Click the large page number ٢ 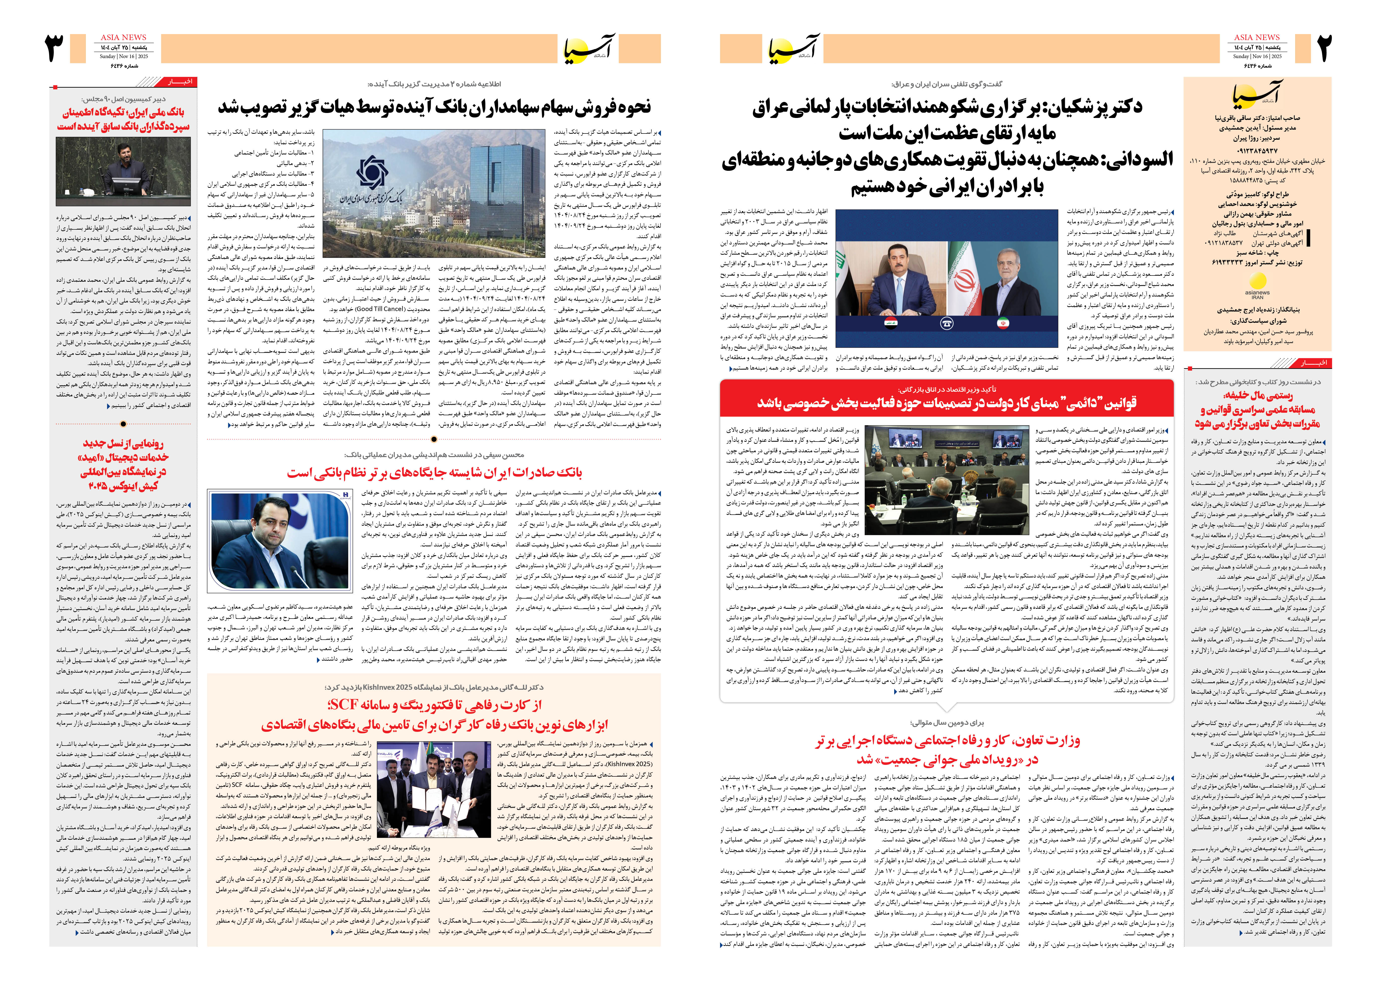[x=1324, y=49]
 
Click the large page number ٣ [x=55, y=49]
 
